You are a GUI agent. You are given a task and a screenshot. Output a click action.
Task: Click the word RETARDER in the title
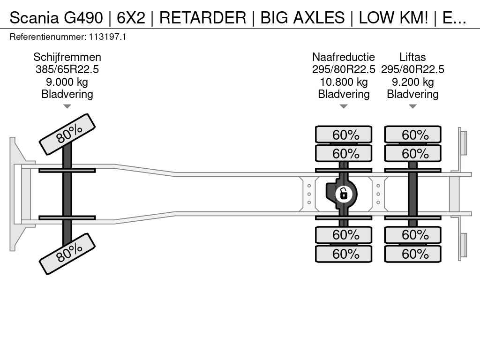click(202, 17)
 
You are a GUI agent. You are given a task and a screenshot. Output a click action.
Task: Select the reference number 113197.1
click(107, 37)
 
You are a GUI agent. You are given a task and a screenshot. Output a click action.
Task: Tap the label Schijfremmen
click(67, 57)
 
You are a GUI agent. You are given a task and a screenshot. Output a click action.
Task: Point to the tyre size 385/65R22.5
click(67, 69)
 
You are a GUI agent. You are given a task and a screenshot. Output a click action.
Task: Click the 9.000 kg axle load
click(67, 82)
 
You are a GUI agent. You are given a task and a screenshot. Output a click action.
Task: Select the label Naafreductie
click(344, 57)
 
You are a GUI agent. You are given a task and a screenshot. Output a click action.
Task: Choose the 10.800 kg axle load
click(344, 82)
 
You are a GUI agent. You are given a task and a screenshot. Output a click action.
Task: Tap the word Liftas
click(412, 57)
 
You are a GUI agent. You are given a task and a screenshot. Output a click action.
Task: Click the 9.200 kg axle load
click(412, 82)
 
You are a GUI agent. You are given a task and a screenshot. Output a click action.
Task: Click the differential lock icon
click(344, 194)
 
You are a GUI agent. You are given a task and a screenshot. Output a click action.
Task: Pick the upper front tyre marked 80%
click(67, 135)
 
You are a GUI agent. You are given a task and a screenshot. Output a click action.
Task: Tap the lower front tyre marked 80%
click(67, 254)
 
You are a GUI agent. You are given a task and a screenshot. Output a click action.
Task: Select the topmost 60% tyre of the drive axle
click(344, 135)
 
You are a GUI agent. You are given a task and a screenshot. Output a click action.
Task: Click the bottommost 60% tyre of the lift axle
click(412, 254)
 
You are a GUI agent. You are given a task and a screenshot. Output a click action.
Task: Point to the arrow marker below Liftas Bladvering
click(412, 106)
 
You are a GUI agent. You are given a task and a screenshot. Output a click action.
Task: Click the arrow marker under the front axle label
click(67, 106)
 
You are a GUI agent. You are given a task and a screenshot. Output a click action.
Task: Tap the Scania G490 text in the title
click(56, 17)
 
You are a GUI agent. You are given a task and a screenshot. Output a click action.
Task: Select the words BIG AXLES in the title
click(302, 17)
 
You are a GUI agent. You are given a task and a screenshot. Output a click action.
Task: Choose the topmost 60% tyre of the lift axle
click(412, 135)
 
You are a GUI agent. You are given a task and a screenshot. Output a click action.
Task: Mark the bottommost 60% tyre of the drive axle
click(344, 254)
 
